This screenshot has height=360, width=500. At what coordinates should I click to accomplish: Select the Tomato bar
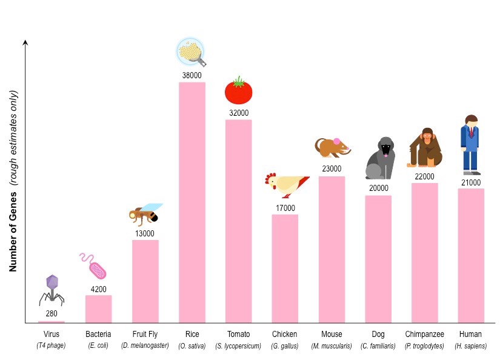[239, 221]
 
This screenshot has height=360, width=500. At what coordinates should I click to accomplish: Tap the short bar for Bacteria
[98, 308]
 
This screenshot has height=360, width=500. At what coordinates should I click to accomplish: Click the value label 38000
[192, 76]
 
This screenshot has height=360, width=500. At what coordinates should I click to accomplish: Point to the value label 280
[52, 313]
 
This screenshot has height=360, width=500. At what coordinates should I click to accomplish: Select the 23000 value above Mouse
[332, 169]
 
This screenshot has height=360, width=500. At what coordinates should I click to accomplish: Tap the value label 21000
[471, 182]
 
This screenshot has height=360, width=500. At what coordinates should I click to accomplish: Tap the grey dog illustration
[380, 158]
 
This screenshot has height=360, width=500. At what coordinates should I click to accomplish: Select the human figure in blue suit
[471, 145]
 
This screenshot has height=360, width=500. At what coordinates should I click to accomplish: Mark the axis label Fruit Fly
[145, 335]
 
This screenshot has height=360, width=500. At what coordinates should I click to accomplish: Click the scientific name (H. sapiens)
[471, 346]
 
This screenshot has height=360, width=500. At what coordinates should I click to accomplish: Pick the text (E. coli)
[98, 346]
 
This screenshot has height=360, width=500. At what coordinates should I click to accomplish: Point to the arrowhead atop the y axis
[25, 42]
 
